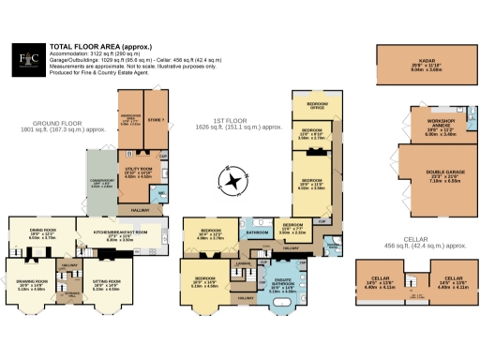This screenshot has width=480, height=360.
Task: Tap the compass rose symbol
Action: coord(232,177)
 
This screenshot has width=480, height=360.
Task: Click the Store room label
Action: coord(157,119)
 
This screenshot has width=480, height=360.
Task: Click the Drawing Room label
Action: coord(31,286)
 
